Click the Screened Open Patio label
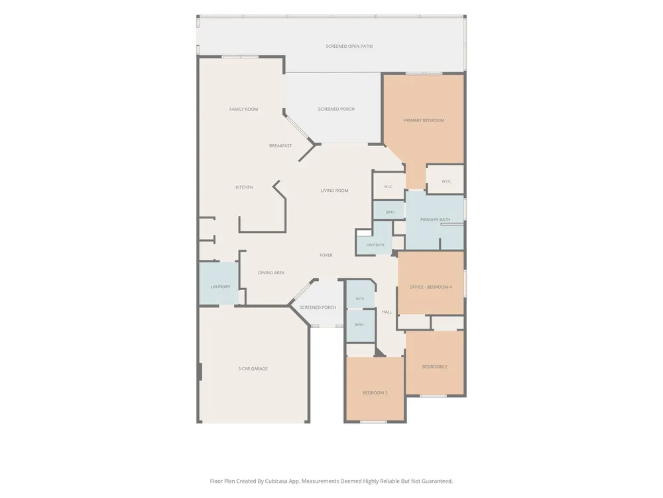click(x=349, y=46)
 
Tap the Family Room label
click(x=243, y=110)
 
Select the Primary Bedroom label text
click(x=424, y=120)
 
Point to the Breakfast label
click(x=280, y=145)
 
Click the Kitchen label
click(x=245, y=187)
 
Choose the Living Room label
click(x=334, y=191)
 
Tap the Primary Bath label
click(x=435, y=219)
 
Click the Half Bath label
click(x=375, y=245)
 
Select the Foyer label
click(x=326, y=255)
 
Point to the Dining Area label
click(x=271, y=273)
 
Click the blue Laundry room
click(x=219, y=284)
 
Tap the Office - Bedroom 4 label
click(x=430, y=287)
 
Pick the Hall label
click(x=387, y=312)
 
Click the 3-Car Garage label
click(x=253, y=369)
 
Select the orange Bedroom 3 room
click(x=375, y=388)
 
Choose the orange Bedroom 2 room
click(x=435, y=363)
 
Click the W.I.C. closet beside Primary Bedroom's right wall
click(x=446, y=179)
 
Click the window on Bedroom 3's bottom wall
click(x=373, y=422)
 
